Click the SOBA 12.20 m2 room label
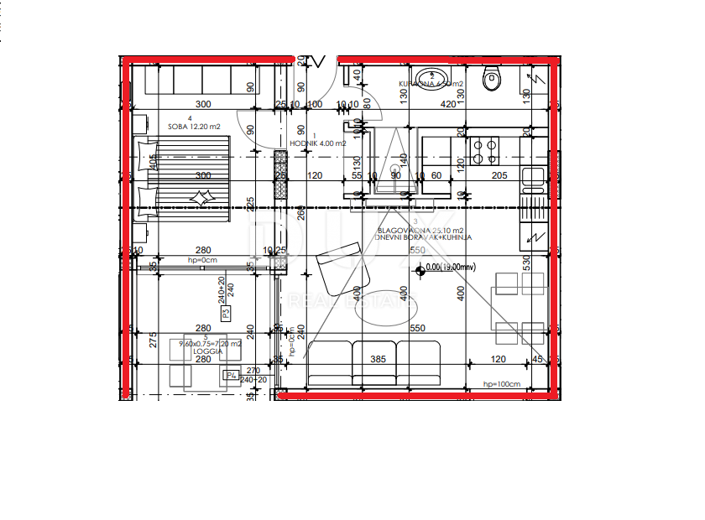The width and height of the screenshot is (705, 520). pos(193,127)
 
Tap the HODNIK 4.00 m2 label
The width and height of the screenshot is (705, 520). pos(316,143)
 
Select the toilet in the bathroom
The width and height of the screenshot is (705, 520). pos(491,80)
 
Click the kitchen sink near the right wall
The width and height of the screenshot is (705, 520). pos(532,178)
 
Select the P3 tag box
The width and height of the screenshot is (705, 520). pos(226,314)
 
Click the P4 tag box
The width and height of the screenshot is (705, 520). pos(231,375)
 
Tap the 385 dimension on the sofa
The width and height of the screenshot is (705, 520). pos(378,359)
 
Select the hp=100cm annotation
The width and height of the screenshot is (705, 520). pos(502,383)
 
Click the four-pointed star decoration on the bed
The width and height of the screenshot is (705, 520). pos(203,198)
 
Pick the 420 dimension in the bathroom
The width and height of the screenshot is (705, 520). pos(448,104)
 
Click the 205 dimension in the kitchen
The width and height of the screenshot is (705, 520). pos(499,175)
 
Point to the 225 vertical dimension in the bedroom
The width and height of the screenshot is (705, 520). pos(250,205)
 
